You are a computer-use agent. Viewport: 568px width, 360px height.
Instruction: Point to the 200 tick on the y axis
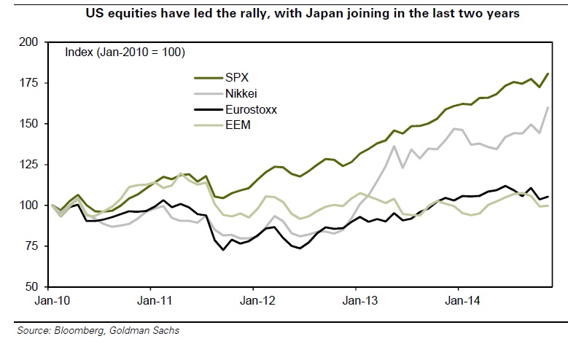point(35,42)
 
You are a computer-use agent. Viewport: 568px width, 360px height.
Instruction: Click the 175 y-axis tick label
point(35,83)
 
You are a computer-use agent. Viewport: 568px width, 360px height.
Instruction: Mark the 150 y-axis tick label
point(35,124)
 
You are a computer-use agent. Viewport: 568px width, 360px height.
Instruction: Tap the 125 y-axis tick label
point(35,165)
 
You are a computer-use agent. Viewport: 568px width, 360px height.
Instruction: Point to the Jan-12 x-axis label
point(254,300)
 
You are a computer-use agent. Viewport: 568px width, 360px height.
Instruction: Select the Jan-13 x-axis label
point(356,300)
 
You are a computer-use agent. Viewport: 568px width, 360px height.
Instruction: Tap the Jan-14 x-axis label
point(458,300)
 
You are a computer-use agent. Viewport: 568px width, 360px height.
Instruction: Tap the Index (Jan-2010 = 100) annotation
point(125,52)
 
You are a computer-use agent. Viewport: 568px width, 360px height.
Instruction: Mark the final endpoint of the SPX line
point(548,74)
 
